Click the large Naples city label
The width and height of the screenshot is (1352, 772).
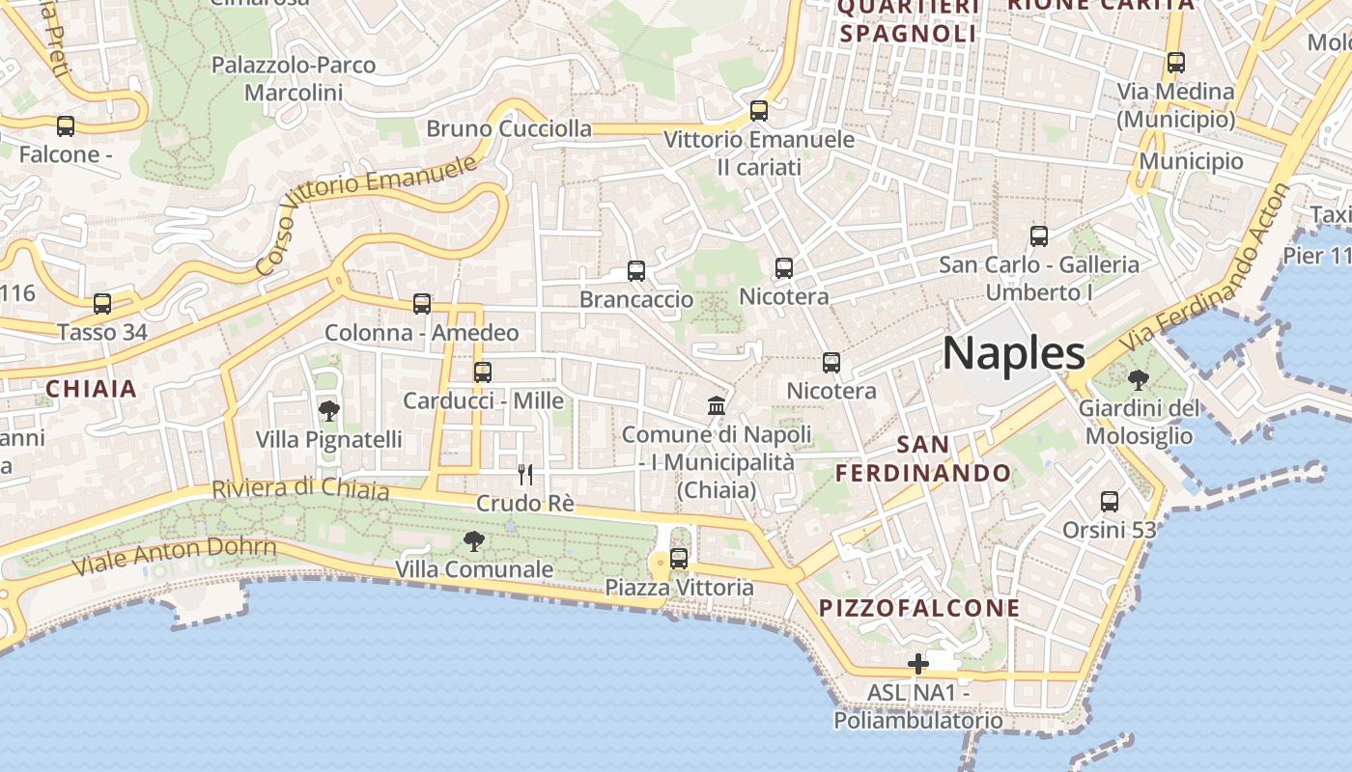1013,354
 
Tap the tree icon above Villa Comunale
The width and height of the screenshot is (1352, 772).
473,540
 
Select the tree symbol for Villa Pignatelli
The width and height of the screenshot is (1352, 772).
328,411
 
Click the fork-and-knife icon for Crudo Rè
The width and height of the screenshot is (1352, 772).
525,474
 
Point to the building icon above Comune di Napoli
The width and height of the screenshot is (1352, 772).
717,405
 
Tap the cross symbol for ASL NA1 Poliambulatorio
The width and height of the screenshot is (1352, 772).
917,664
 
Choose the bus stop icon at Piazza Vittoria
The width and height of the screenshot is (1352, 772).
679,558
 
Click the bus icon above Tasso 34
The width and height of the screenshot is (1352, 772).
102,304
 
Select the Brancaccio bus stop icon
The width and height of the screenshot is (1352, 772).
636,271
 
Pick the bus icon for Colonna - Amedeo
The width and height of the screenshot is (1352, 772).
422,304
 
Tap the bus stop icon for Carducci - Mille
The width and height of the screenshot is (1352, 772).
483,372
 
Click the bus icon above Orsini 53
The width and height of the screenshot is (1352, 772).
1110,502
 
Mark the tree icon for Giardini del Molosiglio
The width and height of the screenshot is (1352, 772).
1138,379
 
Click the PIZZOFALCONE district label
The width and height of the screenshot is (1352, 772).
919,608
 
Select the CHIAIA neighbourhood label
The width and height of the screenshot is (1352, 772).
92,389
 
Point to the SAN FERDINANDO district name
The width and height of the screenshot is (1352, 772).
922,459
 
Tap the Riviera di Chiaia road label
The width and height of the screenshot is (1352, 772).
300,489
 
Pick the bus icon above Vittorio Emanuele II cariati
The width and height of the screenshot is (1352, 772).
759,111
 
